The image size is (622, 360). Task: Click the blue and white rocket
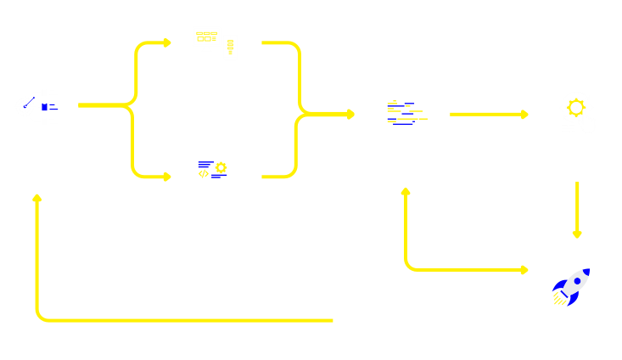(570, 287)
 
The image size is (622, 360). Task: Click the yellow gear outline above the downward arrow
(576, 108)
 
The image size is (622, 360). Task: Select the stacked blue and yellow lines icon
(404, 114)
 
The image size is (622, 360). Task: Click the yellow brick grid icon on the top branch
(206, 37)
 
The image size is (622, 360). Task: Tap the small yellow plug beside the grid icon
(230, 47)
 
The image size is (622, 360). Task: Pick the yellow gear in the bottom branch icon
(221, 167)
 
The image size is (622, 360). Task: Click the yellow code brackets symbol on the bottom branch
(204, 174)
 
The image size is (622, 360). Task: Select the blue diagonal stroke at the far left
(29, 103)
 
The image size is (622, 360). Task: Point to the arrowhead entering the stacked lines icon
(350, 114)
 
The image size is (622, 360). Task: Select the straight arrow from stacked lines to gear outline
(488, 114)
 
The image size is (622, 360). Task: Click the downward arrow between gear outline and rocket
(577, 208)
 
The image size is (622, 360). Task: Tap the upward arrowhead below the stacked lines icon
(406, 192)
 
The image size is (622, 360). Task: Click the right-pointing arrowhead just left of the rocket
(524, 270)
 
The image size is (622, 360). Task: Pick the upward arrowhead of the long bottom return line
(36, 198)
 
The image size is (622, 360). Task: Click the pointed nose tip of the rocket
(588, 271)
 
